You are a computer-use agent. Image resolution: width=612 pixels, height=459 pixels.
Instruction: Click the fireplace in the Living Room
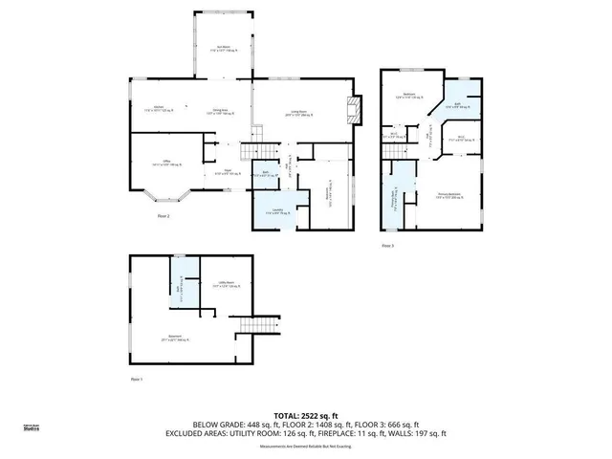point(357,109)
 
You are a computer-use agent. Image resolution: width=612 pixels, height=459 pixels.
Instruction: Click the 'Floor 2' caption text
point(164,217)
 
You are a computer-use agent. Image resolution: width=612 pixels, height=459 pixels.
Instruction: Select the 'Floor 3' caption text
point(387,246)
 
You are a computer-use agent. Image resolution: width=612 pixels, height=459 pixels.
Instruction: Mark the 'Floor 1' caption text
point(136,379)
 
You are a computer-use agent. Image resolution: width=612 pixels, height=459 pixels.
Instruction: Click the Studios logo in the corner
point(32,428)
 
